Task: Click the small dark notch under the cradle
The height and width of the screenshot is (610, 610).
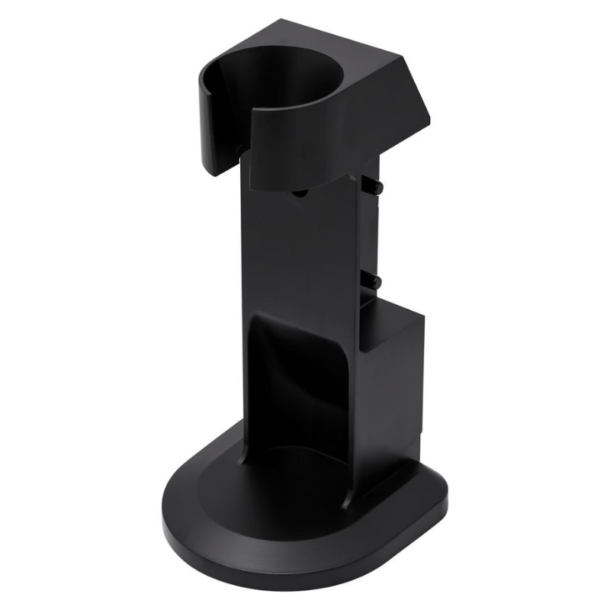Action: [x=297, y=194]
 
